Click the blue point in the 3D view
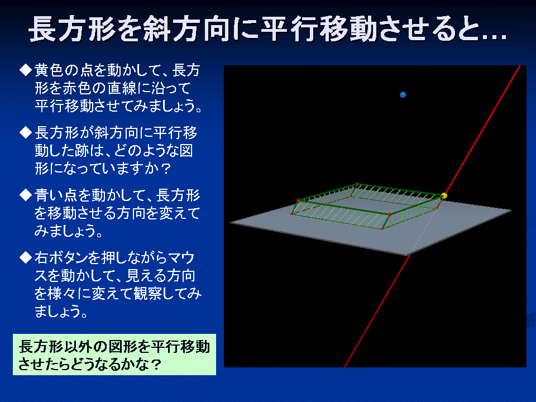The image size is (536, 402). click(x=403, y=95)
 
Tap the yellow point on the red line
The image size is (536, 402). click(x=444, y=195)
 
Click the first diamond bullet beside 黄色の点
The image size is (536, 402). click(x=26, y=70)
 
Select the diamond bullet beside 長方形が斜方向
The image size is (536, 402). click(x=26, y=132)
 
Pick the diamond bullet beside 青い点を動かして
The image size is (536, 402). click(x=26, y=195)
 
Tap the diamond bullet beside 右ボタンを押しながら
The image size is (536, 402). click(x=26, y=257)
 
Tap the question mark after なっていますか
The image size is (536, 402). click(x=165, y=169)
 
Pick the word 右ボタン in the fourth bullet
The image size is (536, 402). click(x=61, y=258)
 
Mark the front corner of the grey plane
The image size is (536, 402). click(x=408, y=255)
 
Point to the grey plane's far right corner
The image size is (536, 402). click(x=511, y=210)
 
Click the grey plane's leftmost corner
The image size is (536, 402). click(x=231, y=222)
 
